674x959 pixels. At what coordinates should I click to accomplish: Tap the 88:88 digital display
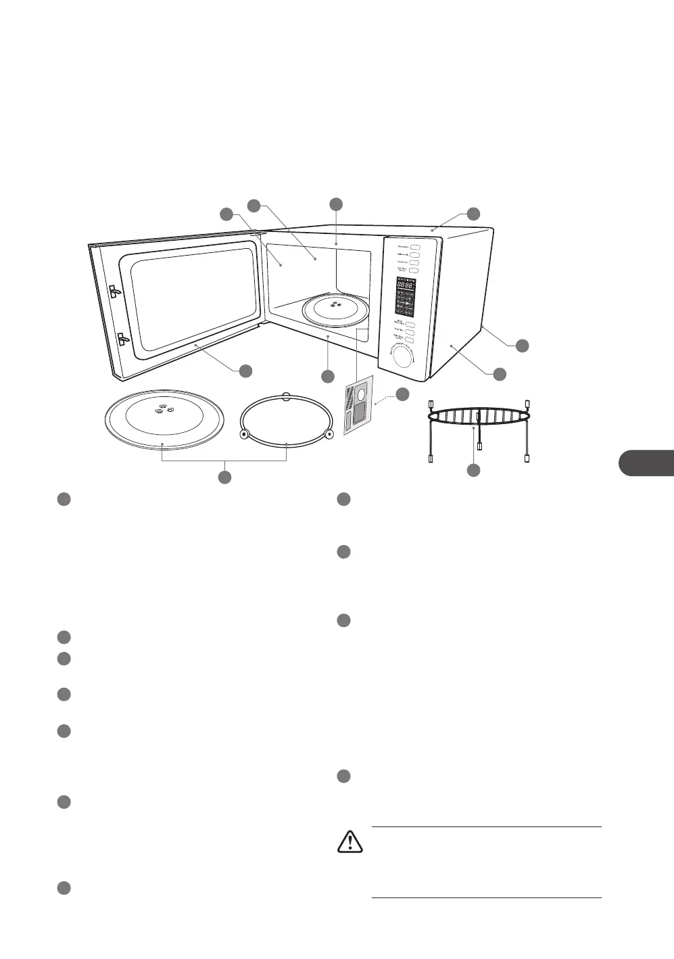point(405,286)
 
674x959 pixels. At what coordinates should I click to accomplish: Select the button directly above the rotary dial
point(410,342)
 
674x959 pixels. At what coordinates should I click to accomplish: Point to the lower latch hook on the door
point(123,339)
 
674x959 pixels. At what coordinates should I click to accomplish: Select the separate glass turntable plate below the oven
point(163,419)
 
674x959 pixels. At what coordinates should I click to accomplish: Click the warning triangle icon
point(350,841)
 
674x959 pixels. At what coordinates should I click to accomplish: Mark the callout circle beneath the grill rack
point(473,469)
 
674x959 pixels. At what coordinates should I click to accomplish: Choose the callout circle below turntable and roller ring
point(224,477)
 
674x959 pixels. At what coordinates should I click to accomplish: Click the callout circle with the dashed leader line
point(402,394)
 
